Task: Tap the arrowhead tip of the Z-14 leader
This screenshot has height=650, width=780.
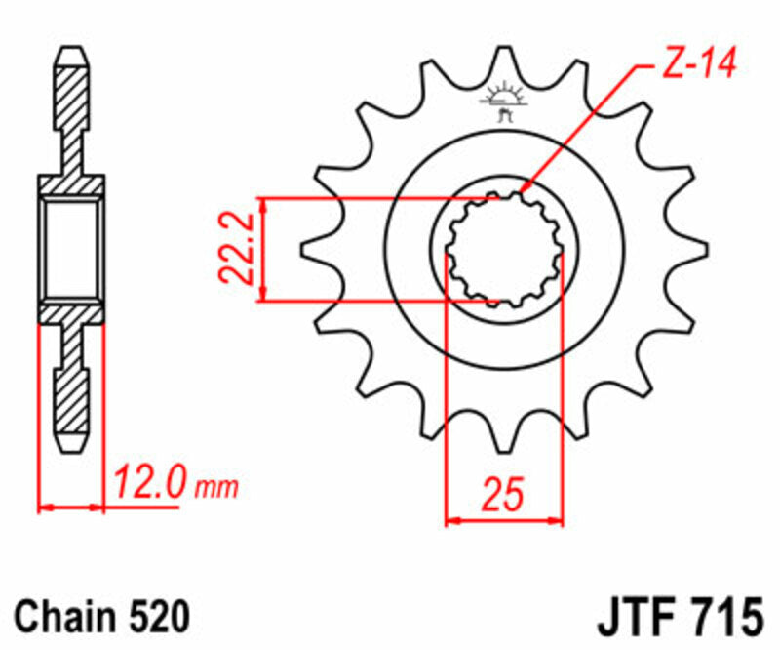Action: [x=523, y=189]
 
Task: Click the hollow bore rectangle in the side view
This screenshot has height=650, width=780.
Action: [x=71, y=249]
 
